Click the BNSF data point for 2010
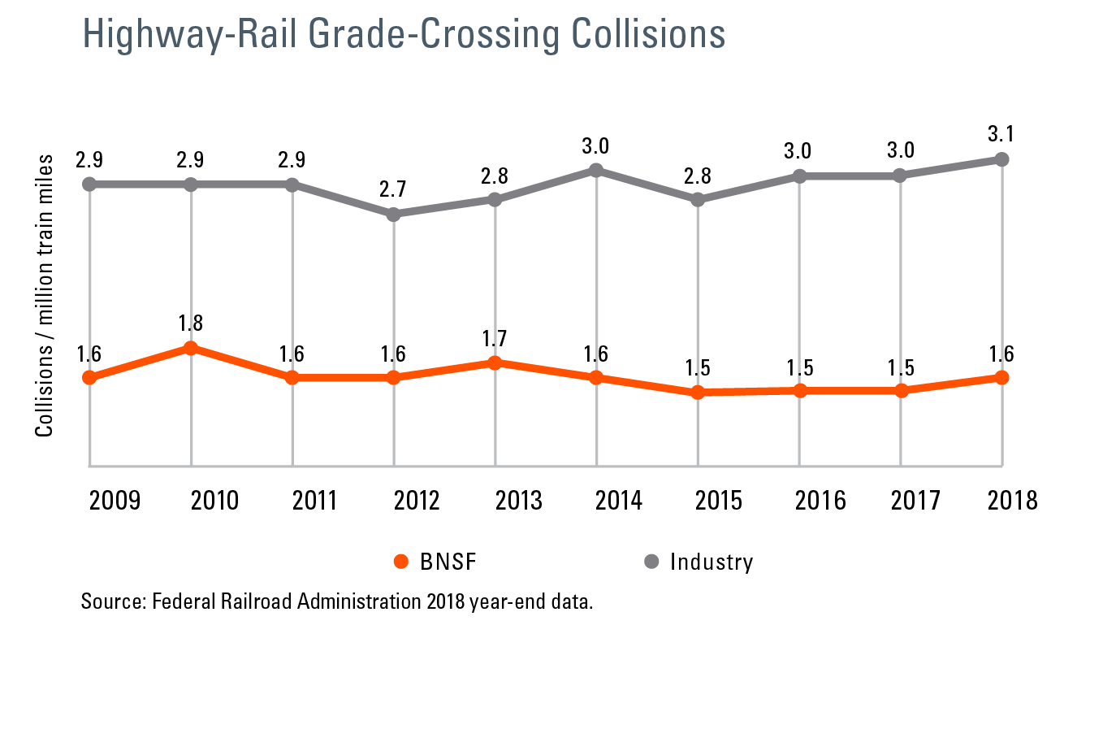tap(191, 349)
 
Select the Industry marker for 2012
tap(394, 215)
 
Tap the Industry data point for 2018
tap(1002, 159)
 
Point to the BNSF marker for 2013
tap(495, 362)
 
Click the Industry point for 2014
tap(596, 170)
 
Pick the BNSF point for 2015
tap(698, 393)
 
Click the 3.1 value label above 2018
tap(1001, 133)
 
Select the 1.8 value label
tap(191, 323)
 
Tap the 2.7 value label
tap(393, 189)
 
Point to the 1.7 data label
tap(495, 338)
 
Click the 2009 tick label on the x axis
tap(115, 500)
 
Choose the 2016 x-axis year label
tap(820, 500)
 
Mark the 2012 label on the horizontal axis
tap(417, 500)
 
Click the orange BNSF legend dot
tap(400, 562)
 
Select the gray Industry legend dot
tap(651, 562)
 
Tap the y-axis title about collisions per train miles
tap(45, 296)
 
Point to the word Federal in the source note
tap(183, 602)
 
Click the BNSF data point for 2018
tap(1002, 378)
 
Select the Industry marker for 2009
tap(90, 184)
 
